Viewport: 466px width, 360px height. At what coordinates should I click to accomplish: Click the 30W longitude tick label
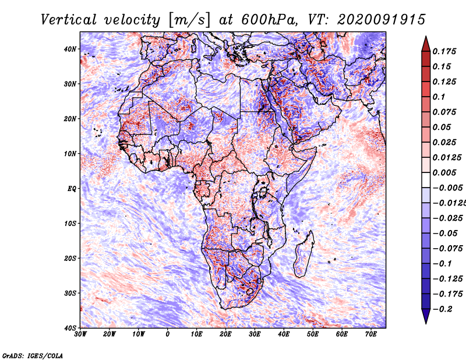[x=80, y=334]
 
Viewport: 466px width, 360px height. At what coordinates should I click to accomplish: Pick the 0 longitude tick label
[x=168, y=334]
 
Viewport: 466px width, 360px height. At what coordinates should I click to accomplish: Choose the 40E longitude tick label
[x=284, y=334]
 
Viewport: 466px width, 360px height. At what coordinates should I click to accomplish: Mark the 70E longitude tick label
[x=371, y=334]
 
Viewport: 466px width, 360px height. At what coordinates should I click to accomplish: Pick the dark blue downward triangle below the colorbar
[x=425, y=316]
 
